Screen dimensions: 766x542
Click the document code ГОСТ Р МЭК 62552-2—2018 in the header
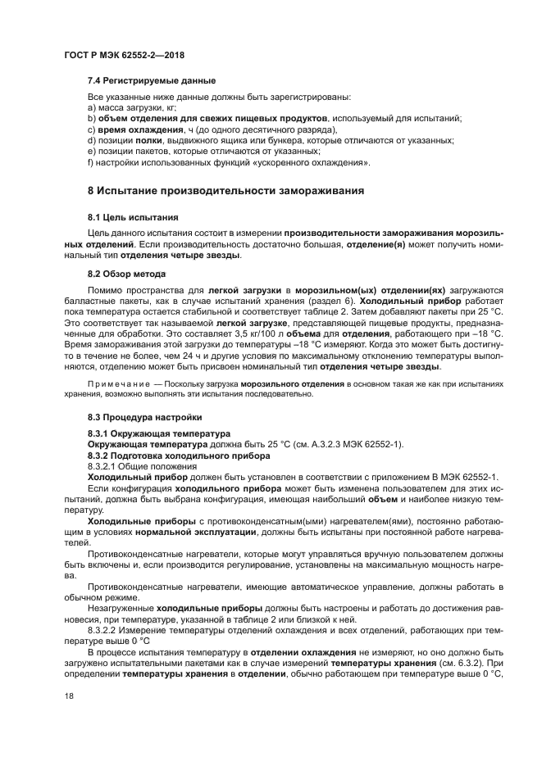coord(124,55)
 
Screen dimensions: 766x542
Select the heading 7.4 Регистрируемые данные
coord(152,80)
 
